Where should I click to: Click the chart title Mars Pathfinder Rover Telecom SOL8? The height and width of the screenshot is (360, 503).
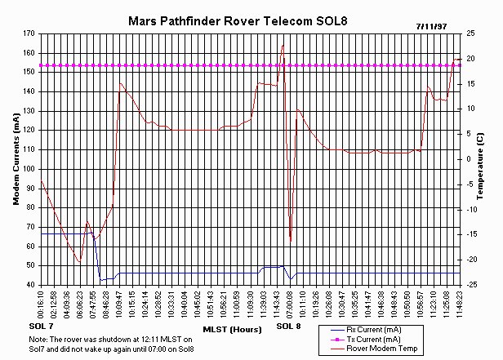(x=238, y=19)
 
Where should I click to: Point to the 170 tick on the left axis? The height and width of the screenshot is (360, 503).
(x=29, y=33)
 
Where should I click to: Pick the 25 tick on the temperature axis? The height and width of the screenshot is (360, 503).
(x=470, y=33)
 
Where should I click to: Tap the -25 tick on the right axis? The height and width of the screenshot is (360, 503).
(x=471, y=285)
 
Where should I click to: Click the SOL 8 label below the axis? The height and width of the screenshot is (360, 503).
(x=287, y=327)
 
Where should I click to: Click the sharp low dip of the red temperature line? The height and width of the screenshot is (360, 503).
(x=291, y=241)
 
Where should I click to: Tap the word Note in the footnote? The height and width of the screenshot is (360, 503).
(x=37, y=339)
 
